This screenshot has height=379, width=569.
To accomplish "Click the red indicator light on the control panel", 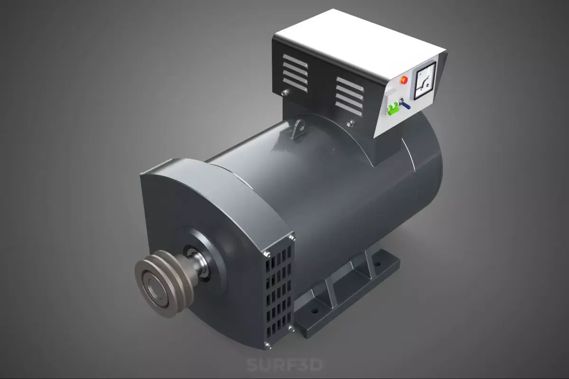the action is [404, 80].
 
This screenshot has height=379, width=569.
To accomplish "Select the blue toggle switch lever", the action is [406, 105].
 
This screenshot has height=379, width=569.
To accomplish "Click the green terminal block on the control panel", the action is [393, 109].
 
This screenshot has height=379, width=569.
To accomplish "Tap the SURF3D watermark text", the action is [284, 365].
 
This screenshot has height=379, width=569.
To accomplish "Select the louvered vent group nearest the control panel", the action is [349, 97].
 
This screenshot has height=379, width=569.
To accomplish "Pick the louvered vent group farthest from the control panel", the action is [295, 73].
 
